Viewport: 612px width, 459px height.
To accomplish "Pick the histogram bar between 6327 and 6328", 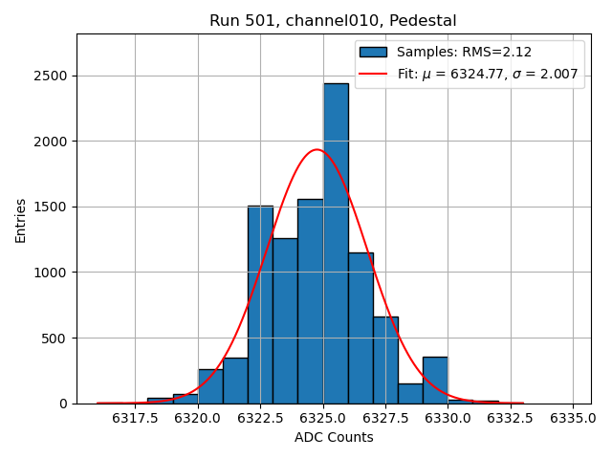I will [x=385, y=360].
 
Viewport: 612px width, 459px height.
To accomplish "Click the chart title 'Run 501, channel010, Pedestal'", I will [x=333, y=20].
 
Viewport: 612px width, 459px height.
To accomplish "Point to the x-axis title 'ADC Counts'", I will [x=334, y=438].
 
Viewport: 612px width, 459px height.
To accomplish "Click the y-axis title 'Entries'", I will [x=21, y=220].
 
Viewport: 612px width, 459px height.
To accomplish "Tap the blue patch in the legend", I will [x=373, y=52].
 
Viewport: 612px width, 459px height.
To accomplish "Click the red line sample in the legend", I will [x=373, y=74].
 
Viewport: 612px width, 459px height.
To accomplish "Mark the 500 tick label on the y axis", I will [x=55, y=339].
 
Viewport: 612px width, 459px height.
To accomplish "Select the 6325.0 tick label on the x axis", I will [x=323, y=418].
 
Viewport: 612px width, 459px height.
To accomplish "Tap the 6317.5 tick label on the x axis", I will [x=135, y=418].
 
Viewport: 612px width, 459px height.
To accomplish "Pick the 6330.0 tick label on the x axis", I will [x=448, y=418].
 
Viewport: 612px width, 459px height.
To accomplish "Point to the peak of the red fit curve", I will [x=317, y=149].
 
